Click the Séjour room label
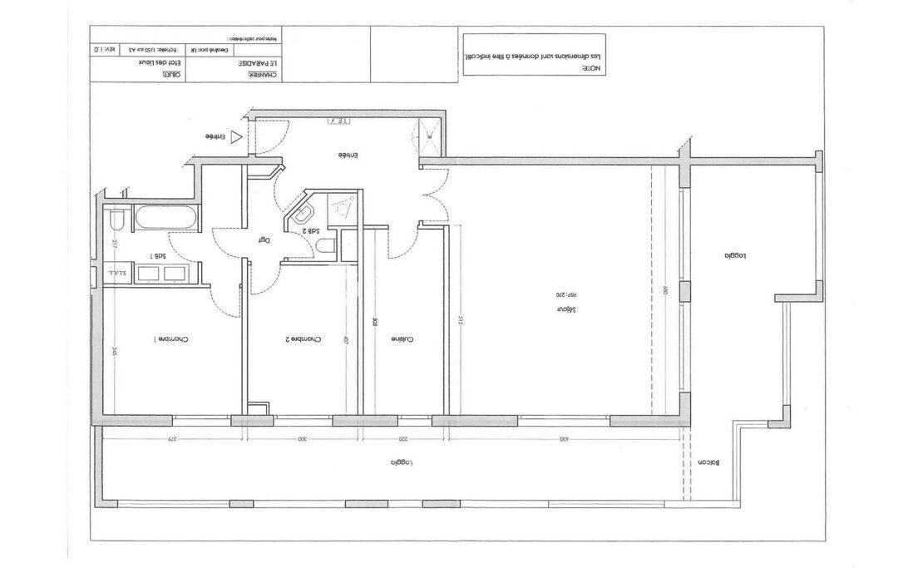point(566,309)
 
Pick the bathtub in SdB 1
point(166,220)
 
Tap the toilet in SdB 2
point(327,245)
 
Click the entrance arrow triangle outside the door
point(237,136)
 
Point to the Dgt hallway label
point(264,240)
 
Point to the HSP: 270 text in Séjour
point(565,294)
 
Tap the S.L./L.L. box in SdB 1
point(116,273)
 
